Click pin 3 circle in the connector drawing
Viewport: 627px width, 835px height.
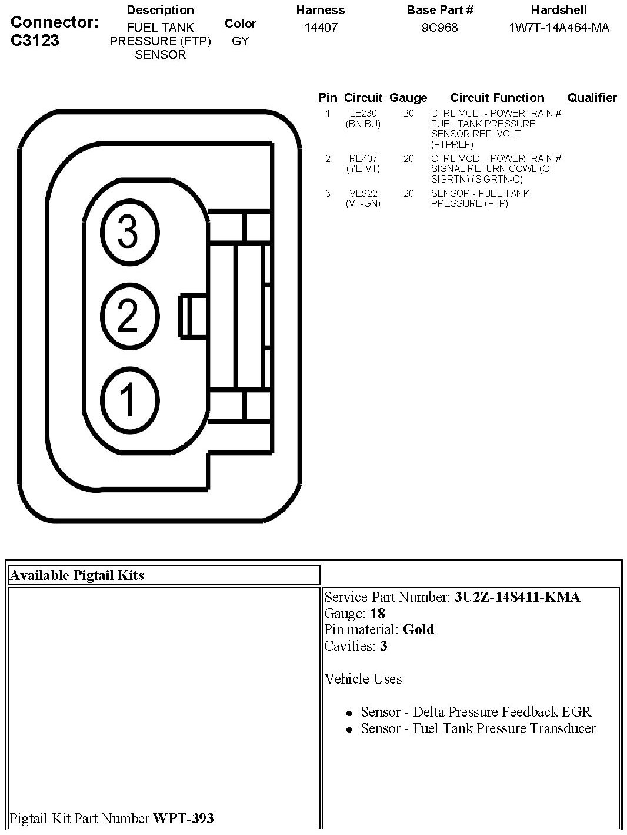click(x=129, y=232)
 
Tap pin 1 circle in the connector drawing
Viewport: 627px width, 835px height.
click(x=129, y=399)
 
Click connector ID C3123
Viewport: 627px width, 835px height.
click(x=35, y=40)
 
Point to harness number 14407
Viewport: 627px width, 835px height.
click(x=321, y=28)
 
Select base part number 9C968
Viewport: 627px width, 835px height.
click(x=439, y=28)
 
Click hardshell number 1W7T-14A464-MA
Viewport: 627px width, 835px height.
click(x=559, y=28)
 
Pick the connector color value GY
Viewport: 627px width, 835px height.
click(x=241, y=41)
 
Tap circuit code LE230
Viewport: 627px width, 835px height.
click(x=363, y=113)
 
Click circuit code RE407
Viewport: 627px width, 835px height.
click(x=363, y=158)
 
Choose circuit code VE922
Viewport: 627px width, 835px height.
click(x=363, y=193)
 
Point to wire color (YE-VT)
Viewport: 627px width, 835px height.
click(x=363, y=168)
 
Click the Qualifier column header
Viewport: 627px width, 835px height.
click(x=592, y=98)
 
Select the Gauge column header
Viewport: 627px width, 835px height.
click(x=408, y=98)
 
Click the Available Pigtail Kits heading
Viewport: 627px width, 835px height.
click(x=77, y=575)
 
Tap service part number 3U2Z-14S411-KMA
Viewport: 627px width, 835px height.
click(x=517, y=597)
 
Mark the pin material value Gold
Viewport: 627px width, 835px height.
click(x=418, y=629)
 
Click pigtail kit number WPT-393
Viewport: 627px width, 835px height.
click(x=184, y=818)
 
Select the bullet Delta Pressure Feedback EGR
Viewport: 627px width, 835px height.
click(x=476, y=712)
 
